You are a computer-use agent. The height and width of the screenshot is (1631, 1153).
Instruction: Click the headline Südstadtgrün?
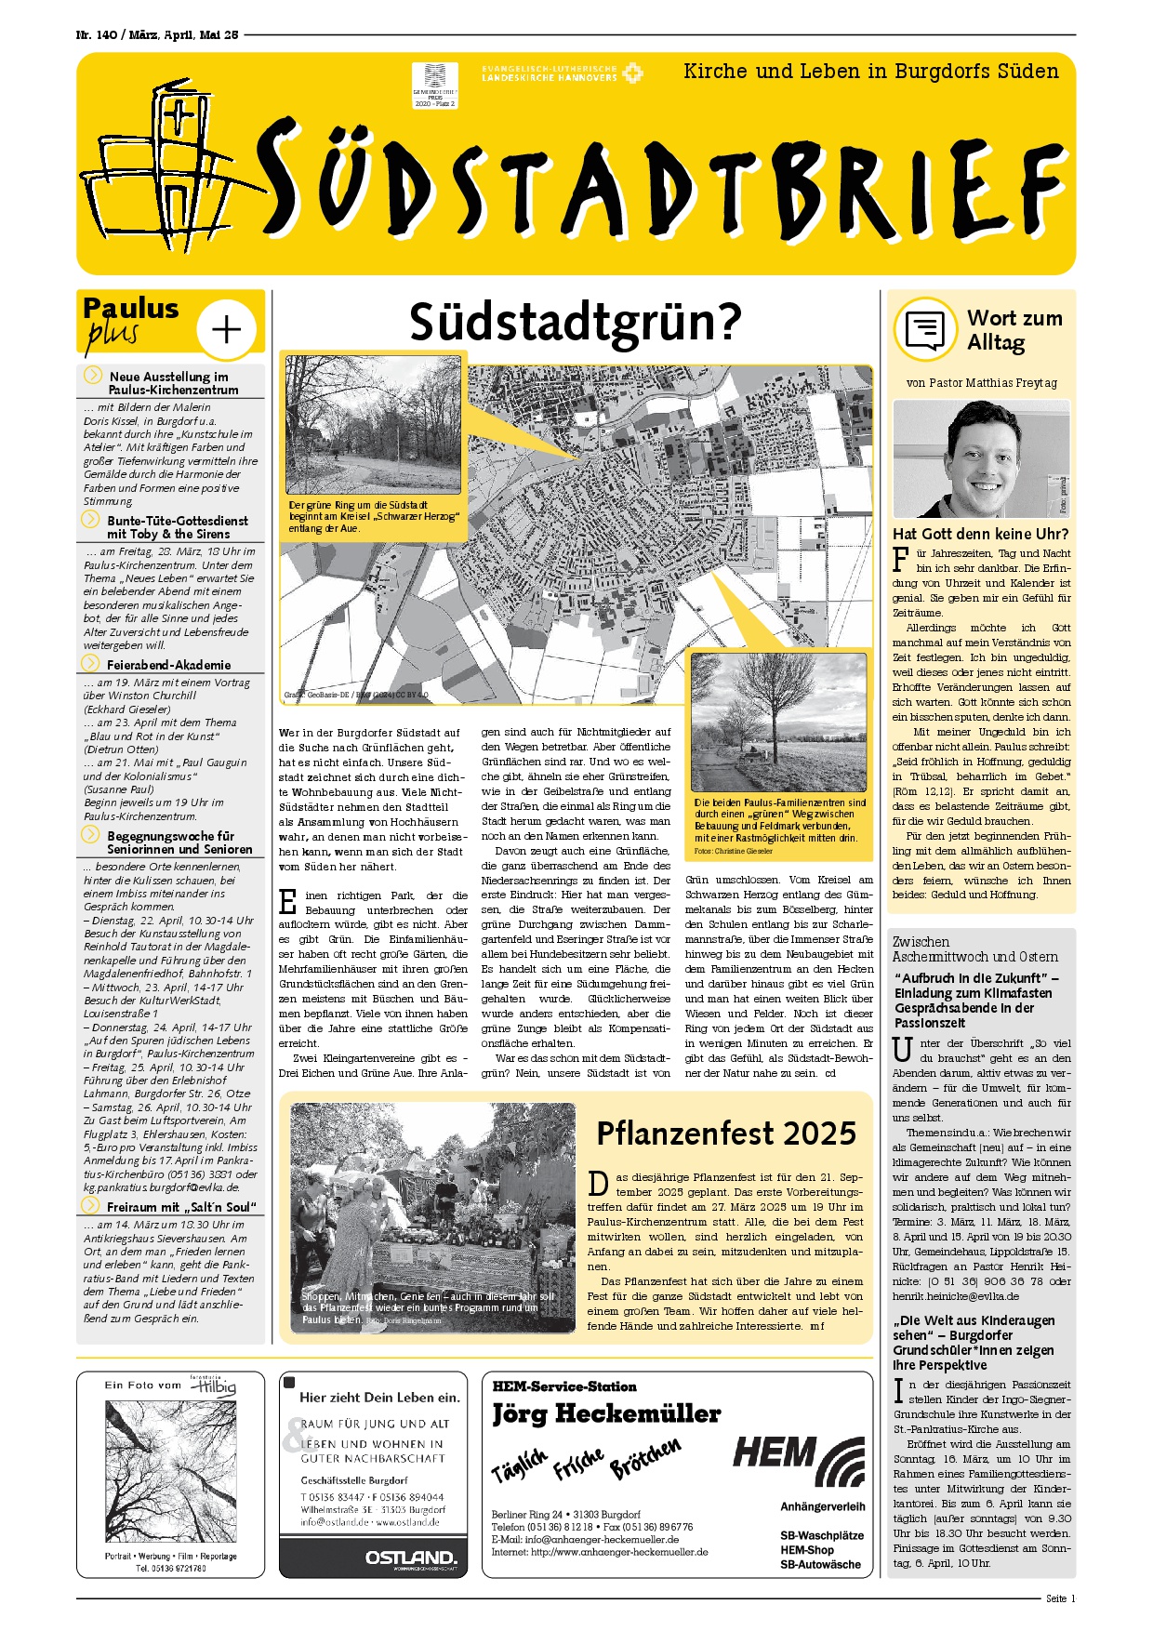576,322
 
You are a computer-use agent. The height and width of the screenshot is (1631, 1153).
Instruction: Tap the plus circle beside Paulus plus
227,329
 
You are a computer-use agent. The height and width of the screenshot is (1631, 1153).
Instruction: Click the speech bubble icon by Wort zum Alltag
924,329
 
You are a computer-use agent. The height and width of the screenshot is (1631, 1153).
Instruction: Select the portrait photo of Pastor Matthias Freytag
981,458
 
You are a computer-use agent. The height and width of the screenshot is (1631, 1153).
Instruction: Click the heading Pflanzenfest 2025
726,1134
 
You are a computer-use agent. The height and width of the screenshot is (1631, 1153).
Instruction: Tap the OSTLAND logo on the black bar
410,1557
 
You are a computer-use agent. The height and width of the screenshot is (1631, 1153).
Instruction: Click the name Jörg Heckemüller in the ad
606,1414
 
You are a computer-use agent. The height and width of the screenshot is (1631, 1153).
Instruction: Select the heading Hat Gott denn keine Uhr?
980,534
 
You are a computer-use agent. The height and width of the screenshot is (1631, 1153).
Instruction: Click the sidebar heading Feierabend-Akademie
168,665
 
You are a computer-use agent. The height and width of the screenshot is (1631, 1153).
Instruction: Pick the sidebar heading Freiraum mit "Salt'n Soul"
180,1207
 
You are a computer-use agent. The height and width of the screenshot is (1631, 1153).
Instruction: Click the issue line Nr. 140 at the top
156,34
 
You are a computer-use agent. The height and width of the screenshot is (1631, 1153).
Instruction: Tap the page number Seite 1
1060,1598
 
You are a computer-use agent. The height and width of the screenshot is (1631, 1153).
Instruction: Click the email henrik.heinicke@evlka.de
956,1296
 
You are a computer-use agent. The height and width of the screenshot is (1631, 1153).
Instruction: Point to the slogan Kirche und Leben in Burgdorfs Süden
870,72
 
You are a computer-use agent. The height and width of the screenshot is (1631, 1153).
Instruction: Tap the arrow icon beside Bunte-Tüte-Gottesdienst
91,520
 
